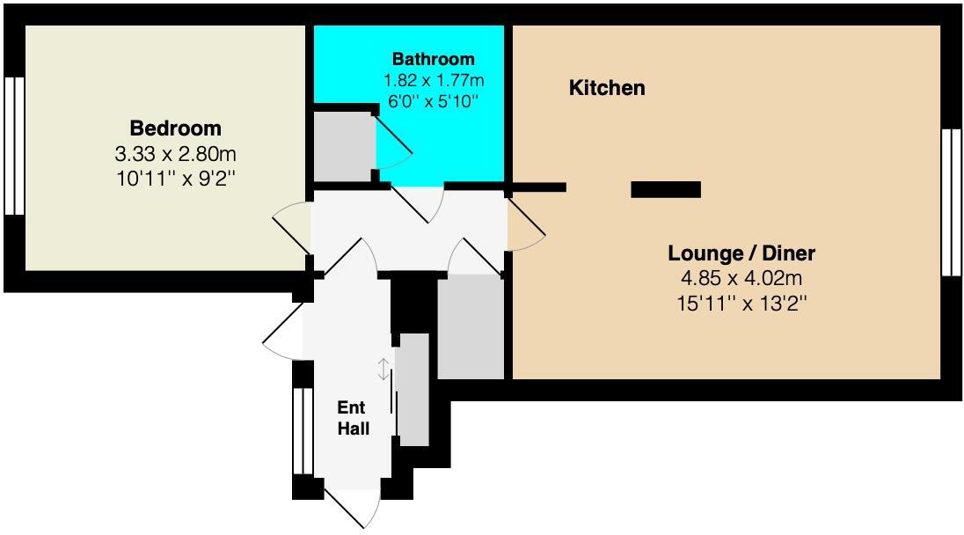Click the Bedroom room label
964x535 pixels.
coord(175,128)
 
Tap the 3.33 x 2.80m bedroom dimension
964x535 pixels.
coord(175,154)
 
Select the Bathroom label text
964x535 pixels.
coord(433,60)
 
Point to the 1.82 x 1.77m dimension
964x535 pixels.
coord(433,80)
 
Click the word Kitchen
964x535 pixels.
coord(607,88)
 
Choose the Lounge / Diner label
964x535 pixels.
coord(741,253)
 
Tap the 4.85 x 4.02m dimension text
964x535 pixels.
coord(741,279)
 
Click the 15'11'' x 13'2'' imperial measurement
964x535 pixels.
coord(741,304)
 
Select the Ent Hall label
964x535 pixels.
coord(354,418)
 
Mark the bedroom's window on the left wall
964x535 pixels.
coord(13,146)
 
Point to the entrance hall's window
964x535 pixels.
coord(303,431)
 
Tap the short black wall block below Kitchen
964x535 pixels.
coord(666,189)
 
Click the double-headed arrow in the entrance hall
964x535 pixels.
coord(383,370)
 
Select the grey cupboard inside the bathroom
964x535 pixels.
coord(344,144)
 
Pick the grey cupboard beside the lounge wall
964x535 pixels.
coord(470,326)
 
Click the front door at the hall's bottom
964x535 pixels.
coord(352,506)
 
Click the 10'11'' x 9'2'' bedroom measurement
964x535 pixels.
coord(175,179)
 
